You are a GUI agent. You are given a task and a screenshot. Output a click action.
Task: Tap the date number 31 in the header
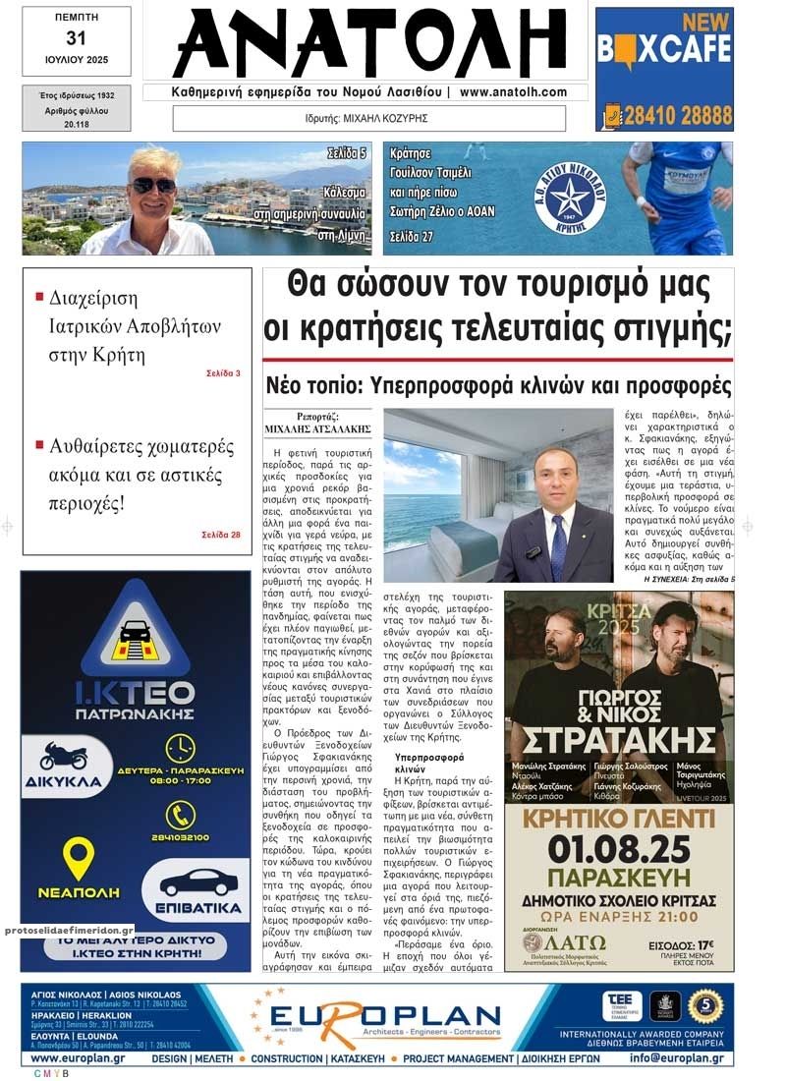click(x=76, y=38)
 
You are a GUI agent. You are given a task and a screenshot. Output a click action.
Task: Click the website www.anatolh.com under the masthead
click(x=513, y=92)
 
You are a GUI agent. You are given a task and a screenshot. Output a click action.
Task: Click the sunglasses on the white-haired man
click(x=154, y=184)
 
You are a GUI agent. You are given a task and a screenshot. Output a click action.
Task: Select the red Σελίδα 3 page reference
click(x=223, y=373)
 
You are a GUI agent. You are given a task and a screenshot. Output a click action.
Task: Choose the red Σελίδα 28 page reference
click(x=221, y=535)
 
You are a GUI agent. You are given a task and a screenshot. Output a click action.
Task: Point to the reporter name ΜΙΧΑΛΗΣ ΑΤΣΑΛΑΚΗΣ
click(x=318, y=429)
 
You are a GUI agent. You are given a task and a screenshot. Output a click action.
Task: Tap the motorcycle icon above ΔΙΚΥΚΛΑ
click(x=64, y=757)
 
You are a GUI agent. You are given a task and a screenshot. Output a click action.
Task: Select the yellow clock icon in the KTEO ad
click(x=180, y=749)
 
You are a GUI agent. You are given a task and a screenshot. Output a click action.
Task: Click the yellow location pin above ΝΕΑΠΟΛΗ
click(x=78, y=857)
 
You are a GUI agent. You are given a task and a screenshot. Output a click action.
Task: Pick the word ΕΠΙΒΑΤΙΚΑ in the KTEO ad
click(x=195, y=907)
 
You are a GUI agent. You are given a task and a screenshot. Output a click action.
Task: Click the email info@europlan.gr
click(x=677, y=1058)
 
